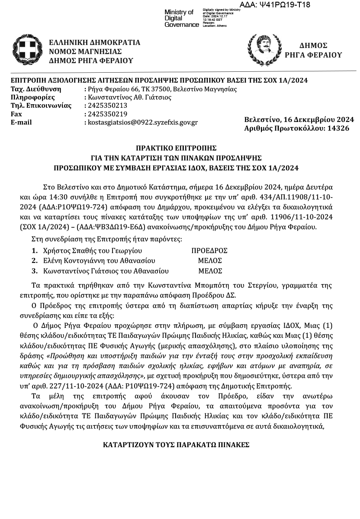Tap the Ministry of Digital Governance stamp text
click(x=179, y=18)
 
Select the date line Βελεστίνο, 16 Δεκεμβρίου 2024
click(x=299, y=119)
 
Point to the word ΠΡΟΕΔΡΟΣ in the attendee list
click(x=210, y=250)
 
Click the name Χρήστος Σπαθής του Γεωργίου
click(x=93, y=250)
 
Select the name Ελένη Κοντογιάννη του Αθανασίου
click(x=99, y=261)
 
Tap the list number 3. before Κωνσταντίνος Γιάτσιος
click(x=35, y=271)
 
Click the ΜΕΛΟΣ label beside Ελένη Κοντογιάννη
click(x=210, y=261)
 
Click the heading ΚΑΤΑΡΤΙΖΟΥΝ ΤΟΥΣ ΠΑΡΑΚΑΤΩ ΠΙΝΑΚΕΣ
click(x=176, y=445)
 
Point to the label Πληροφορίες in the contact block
click(x=32, y=97)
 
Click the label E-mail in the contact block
click(x=21, y=122)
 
